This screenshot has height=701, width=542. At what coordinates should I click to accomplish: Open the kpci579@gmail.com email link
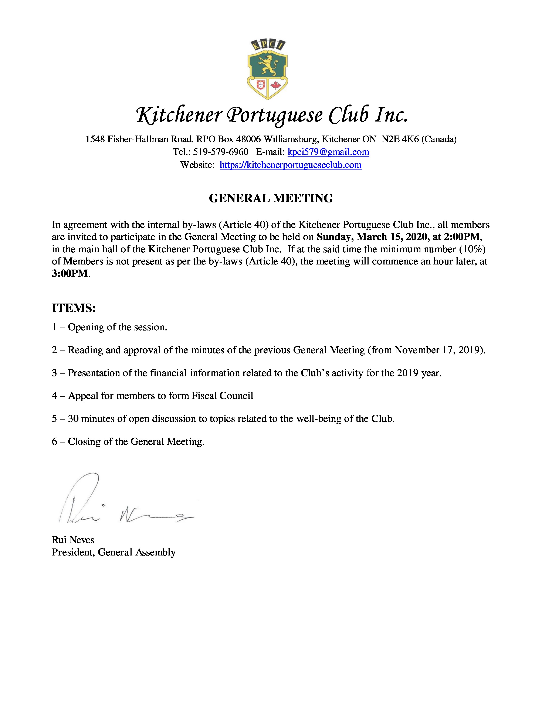click(x=328, y=152)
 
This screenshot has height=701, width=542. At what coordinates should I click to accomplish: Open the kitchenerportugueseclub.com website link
click(x=291, y=165)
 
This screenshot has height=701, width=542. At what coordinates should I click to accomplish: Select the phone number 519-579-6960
click(x=221, y=152)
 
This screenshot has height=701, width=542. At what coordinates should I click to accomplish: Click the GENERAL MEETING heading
click(x=271, y=198)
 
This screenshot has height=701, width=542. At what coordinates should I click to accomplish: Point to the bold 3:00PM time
click(x=70, y=273)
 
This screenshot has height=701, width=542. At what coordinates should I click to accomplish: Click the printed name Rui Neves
click(x=73, y=540)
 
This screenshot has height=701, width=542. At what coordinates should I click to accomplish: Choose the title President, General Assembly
click(x=114, y=552)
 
